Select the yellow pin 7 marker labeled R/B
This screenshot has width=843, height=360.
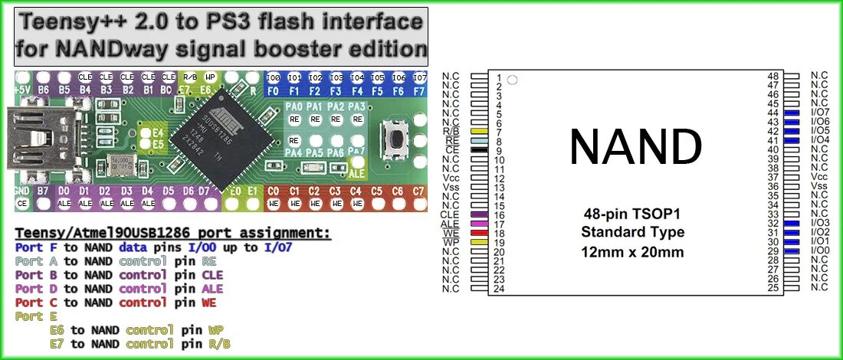coord(479,132)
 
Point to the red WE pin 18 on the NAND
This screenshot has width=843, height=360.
coord(479,233)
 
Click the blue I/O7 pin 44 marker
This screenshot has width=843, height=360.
coord(792,113)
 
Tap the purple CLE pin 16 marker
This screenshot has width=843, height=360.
coord(479,214)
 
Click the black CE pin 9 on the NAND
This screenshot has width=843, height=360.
coord(479,150)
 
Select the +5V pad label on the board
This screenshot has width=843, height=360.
coord(22,90)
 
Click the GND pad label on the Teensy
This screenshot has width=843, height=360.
coord(22,190)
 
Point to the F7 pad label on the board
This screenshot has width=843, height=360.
coord(419,90)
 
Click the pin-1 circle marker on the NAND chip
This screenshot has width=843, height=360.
coord(513,79)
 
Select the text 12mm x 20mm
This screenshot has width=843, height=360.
coord(633,251)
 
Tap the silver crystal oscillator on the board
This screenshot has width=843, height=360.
coord(120,163)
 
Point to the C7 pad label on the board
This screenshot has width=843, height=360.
coord(418,190)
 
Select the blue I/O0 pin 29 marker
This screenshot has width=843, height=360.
coord(792,250)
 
